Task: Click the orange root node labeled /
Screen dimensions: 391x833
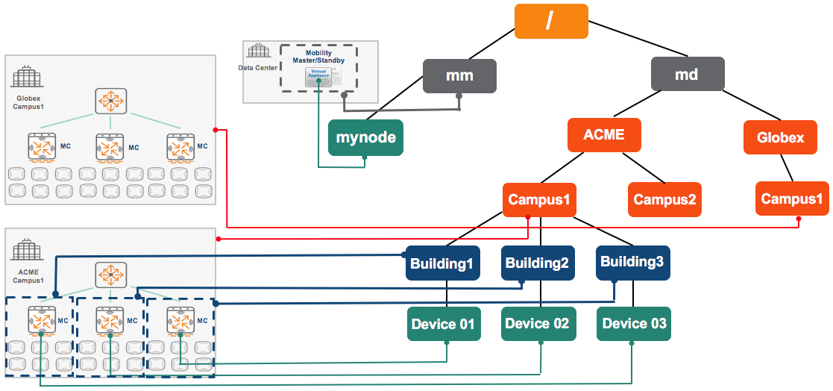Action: (x=551, y=21)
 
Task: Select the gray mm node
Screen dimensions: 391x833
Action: (x=460, y=76)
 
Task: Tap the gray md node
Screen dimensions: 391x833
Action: (x=687, y=75)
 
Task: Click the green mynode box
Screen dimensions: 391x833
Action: (x=365, y=138)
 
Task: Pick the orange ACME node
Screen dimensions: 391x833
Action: (x=604, y=135)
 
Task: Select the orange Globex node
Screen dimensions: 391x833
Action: (x=780, y=138)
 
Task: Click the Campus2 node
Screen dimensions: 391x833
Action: (x=664, y=199)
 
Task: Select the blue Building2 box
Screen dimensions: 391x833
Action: (x=537, y=263)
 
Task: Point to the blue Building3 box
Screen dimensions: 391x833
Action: (x=632, y=263)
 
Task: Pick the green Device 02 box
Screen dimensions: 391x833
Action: (x=537, y=324)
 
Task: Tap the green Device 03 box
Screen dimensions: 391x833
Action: (x=634, y=324)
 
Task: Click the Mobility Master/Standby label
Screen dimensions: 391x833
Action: (x=318, y=57)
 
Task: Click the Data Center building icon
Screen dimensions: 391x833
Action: (x=258, y=51)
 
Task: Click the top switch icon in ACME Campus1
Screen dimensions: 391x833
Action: (x=110, y=275)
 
